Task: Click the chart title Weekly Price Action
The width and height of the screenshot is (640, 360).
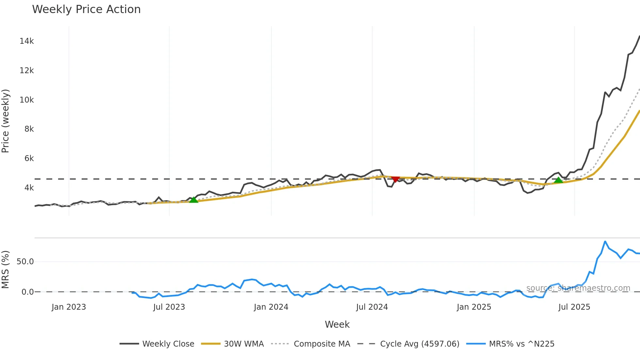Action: (x=86, y=9)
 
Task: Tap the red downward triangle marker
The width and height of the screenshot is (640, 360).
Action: (x=395, y=179)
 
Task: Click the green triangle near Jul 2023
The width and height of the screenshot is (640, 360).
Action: (x=194, y=200)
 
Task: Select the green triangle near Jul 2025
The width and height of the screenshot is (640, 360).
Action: (x=558, y=180)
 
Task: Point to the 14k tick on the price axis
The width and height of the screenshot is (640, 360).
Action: (x=26, y=41)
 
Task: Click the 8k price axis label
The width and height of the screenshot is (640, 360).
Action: (x=29, y=129)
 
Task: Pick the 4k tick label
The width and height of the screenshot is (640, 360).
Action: (x=29, y=188)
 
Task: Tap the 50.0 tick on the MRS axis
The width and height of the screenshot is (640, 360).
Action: (x=25, y=262)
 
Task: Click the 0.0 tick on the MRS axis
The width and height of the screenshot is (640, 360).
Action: (x=27, y=292)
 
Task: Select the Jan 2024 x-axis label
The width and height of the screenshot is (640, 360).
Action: (x=271, y=307)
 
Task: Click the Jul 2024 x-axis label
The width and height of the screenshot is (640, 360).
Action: (x=372, y=307)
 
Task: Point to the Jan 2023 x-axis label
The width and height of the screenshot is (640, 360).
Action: (x=69, y=307)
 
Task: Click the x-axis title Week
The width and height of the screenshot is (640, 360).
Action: (x=337, y=324)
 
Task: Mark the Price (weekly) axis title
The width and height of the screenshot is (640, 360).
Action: (x=6, y=121)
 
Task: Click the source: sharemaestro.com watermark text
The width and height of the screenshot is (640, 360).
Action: (x=578, y=288)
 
